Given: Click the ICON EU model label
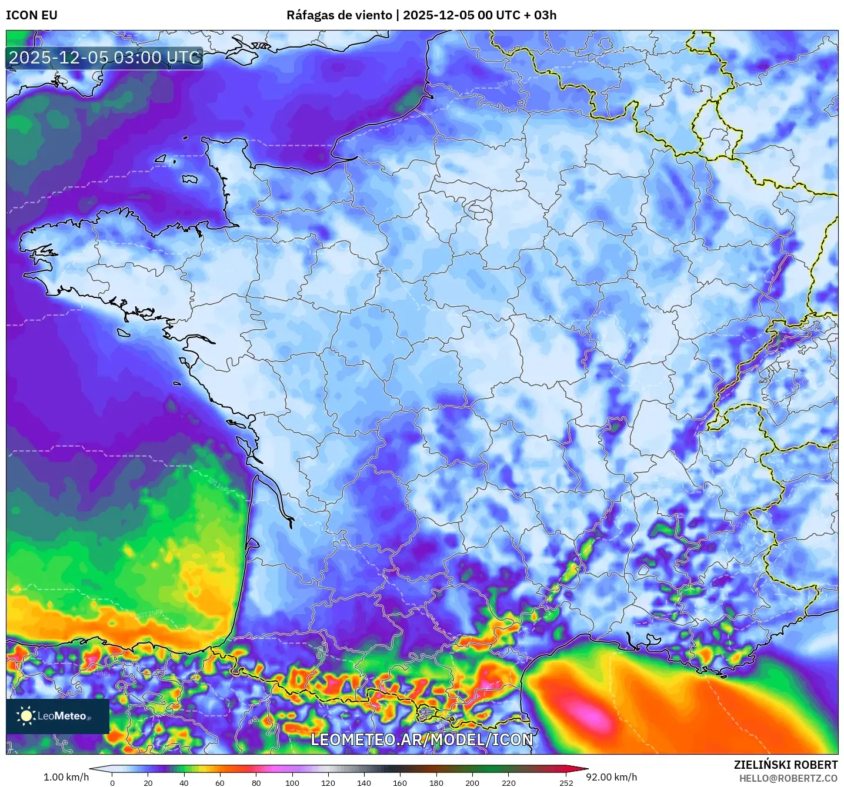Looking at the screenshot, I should click(x=32, y=15).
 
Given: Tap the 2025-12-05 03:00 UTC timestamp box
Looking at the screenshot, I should click(x=105, y=58).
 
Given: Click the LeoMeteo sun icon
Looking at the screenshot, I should click(x=26, y=715).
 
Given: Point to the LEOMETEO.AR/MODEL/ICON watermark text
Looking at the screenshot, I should click(x=422, y=739).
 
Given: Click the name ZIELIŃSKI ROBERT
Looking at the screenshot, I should click(x=786, y=765).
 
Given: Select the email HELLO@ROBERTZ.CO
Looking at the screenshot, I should click(x=788, y=778).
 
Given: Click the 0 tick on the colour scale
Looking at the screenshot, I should click(x=112, y=782).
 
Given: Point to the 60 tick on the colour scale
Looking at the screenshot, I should click(x=220, y=782).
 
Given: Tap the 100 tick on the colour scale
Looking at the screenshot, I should click(x=292, y=782).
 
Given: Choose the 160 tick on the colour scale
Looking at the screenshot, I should click(x=400, y=782).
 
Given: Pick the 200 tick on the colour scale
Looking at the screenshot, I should click(x=472, y=782).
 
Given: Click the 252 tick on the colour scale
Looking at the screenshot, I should click(x=566, y=782).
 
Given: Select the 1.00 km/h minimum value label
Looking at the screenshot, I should click(x=66, y=777).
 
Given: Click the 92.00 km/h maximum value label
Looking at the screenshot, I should click(x=612, y=777).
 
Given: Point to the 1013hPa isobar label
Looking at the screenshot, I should click(x=149, y=614).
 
